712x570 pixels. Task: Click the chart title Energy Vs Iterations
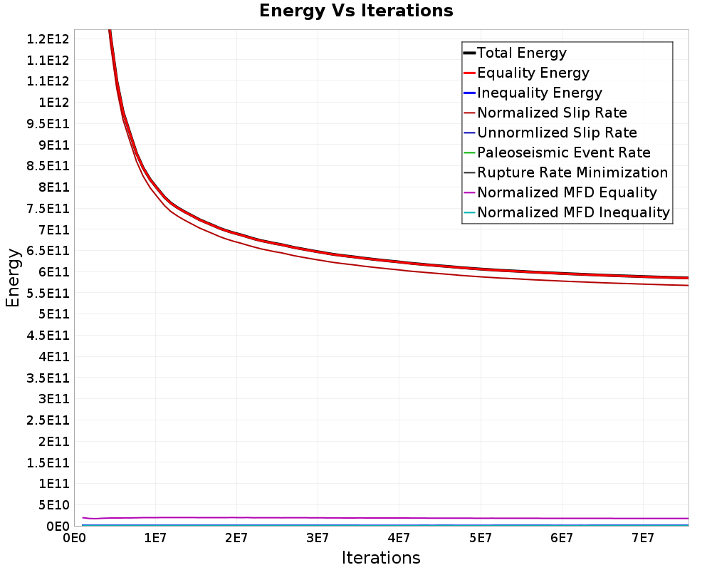pyautogui.click(x=356, y=11)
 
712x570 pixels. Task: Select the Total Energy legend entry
pyautogui.click(x=522, y=53)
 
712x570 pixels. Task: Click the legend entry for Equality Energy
pyautogui.click(x=533, y=73)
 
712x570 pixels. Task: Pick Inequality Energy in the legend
pyautogui.click(x=540, y=93)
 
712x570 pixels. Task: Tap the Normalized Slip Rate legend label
pyautogui.click(x=552, y=113)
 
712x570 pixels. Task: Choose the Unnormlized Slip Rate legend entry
pyautogui.click(x=557, y=133)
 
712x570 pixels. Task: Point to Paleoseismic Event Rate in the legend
pyautogui.click(x=563, y=152)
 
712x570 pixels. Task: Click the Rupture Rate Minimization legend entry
pyautogui.click(x=572, y=172)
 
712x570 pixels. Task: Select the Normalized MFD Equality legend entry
pyautogui.click(x=567, y=192)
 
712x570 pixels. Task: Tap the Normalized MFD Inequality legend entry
pyautogui.click(x=573, y=213)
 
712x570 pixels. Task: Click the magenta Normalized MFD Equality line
pyautogui.click(x=385, y=518)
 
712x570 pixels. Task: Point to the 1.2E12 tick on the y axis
pyautogui.click(x=48, y=39)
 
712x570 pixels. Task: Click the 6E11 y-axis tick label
pyautogui.click(x=54, y=271)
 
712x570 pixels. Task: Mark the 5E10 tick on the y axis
pyautogui.click(x=54, y=505)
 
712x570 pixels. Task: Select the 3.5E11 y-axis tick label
pyautogui.click(x=48, y=378)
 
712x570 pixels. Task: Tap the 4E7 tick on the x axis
pyautogui.click(x=399, y=539)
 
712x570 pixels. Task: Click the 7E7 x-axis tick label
pyautogui.click(x=643, y=539)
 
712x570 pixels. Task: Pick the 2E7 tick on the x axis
pyautogui.click(x=236, y=539)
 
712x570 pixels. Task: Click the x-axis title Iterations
pyautogui.click(x=381, y=558)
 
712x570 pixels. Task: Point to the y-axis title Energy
pyautogui.click(x=13, y=278)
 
